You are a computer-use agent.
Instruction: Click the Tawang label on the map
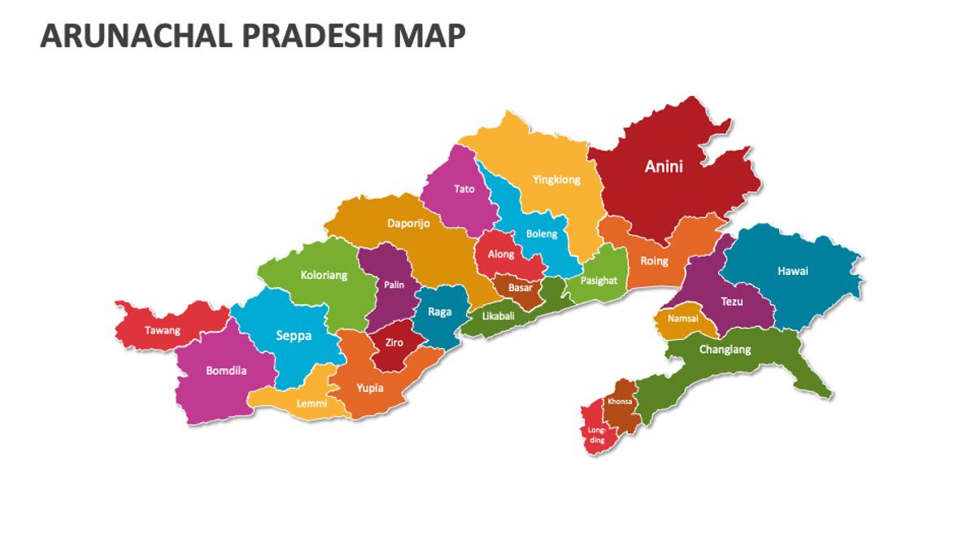[163, 330]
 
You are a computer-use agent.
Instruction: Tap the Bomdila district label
[226, 371]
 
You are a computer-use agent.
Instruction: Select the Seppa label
[293, 336]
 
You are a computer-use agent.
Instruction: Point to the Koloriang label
[324, 275]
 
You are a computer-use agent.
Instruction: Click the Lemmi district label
[312, 403]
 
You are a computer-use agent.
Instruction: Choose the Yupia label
[370, 388]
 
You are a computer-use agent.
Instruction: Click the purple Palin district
[394, 285]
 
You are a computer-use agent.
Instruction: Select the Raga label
[439, 312]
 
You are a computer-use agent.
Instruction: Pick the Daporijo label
[408, 222]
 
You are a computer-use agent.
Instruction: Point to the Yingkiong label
[556, 180]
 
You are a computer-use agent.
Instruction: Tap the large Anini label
[664, 167]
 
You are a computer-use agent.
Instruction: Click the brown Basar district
[520, 288]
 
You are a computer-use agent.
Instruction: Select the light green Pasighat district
[599, 280]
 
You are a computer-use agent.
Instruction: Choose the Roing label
[654, 261]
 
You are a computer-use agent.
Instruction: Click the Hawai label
[792, 271]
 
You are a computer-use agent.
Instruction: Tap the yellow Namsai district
[682, 319]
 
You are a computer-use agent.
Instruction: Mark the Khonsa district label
[620, 401]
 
